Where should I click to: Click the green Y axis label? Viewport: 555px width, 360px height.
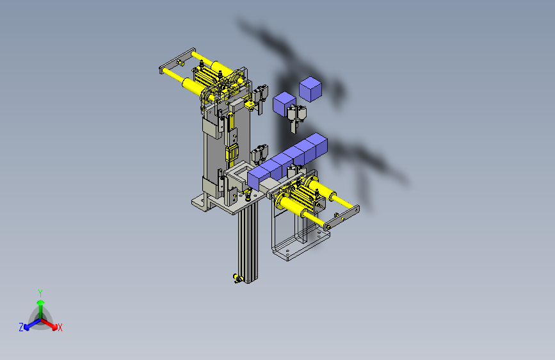40,293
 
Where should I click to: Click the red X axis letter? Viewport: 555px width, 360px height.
60,327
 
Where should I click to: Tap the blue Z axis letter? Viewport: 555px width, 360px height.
21,327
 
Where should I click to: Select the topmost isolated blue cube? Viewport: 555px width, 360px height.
310,89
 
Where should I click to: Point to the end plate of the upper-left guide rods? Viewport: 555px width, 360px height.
177,61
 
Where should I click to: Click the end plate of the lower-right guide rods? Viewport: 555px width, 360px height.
342,218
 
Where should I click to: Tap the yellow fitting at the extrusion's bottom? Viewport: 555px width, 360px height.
237,278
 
